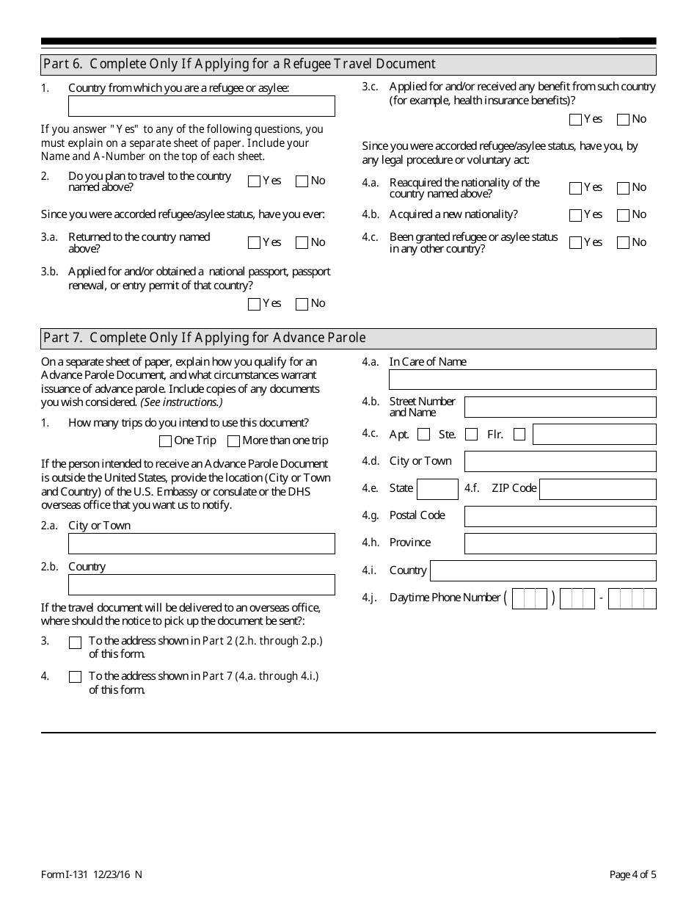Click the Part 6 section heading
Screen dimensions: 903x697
pyautogui.click(x=239, y=65)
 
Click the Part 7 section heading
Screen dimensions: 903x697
pyautogui.click(x=204, y=338)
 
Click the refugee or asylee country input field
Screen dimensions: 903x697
pyautogui.click(x=201, y=106)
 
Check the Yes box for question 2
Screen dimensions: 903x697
pyautogui.click(x=255, y=181)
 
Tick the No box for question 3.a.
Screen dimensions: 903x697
pyautogui.click(x=302, y=243)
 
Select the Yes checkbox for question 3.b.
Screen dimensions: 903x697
pyautogui.click(x=255, y=304)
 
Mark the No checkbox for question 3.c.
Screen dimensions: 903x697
pyautogui.click(x=623, y=120)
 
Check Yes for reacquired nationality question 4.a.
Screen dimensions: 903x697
pyautogui.click(x=575, y=188)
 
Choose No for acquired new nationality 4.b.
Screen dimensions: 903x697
pyautogui.click(x=623, y=215)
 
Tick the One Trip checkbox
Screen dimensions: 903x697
pyautogui.click(x=165, y=441)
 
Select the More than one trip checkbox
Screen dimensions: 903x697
pyautogui.click(x=233, y=441)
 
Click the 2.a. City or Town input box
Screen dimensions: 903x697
pyautogui.click(x=201, y=544)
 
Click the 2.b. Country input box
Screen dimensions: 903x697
pyautogui.click(x=201, y=585)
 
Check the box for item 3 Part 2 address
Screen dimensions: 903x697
pyautogui.click(x=75, y=642)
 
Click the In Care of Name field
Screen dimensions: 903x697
pyautogui.click(x=522, y=380)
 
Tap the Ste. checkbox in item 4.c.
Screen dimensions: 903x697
pyautogui.click(x=471, y=435)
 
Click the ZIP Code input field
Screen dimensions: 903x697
pyautogui.click(x=597, y=489)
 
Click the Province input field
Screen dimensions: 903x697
pyautogui.click(x=560, y=543)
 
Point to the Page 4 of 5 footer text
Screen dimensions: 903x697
pyautogui.click(x=632, y=874)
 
